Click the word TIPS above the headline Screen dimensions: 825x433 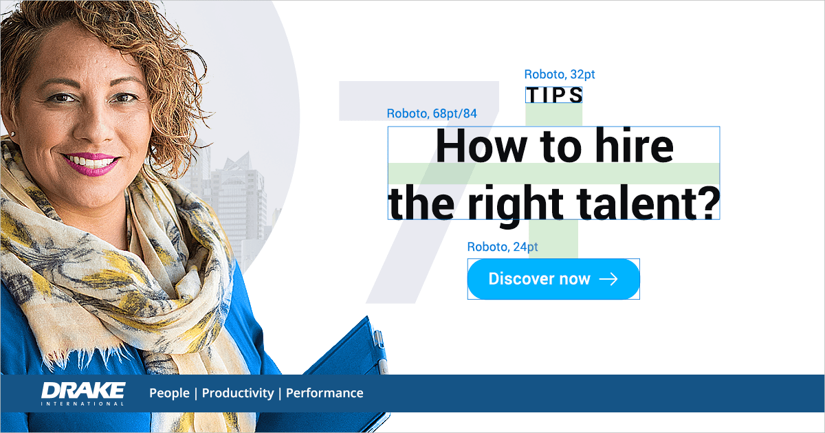pos(554,96)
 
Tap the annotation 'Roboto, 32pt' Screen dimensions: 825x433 pos(560,74)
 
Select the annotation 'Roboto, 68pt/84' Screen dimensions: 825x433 pos(432,113)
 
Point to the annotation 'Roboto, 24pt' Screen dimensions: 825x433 pos(503,246)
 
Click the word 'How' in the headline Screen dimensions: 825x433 pos(481,146)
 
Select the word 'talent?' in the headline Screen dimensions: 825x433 pos(648,203)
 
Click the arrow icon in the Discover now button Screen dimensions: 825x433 pos(608,279)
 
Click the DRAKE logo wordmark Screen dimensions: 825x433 pos(83,390)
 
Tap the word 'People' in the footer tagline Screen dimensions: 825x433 pos(169,393)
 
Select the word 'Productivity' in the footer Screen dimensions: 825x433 pos(238,393)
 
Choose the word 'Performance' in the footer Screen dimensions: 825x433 pos(324,393)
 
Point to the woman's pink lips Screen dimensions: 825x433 pos(91,164)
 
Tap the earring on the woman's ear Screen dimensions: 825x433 pos(12,135)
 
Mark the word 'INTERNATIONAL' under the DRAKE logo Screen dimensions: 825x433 pos(82,403)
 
